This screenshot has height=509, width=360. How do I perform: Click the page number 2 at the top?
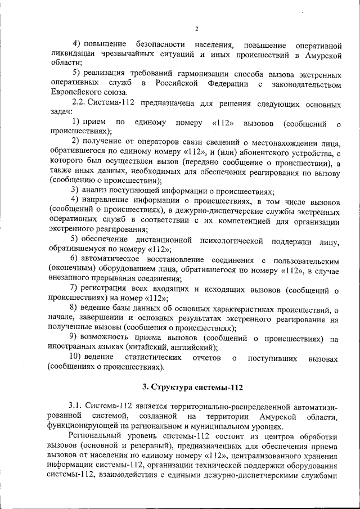pyautogui.click(x=196, y=29)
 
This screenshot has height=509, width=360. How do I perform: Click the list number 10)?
pyautogui.click(x=78, y=357)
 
